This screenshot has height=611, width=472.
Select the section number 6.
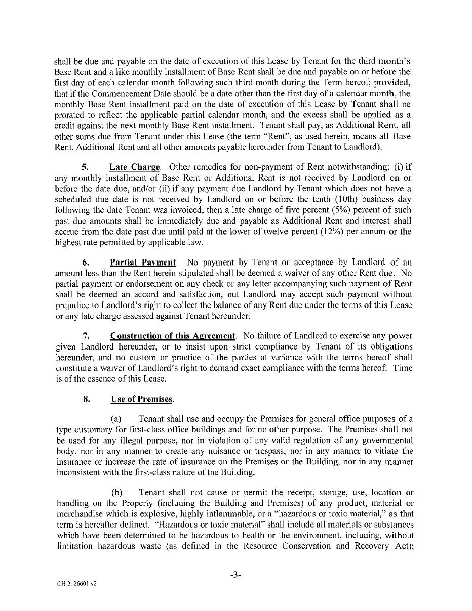[x=86, y=263]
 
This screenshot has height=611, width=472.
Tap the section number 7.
[x=86, y=336]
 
